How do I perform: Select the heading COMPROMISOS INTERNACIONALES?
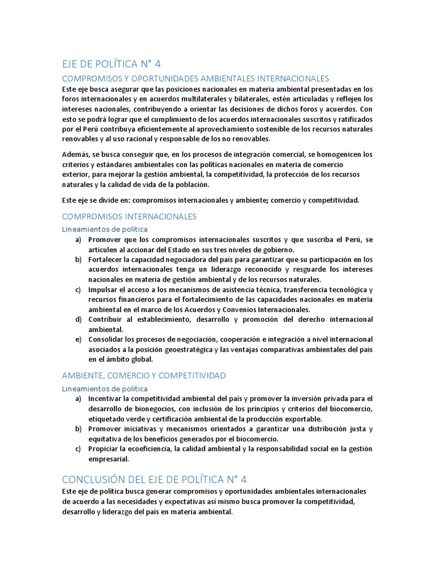129,216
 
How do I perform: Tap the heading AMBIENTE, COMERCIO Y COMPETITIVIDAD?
143,376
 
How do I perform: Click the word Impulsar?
104,290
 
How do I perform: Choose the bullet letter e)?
78,339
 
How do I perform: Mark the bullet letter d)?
78,319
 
